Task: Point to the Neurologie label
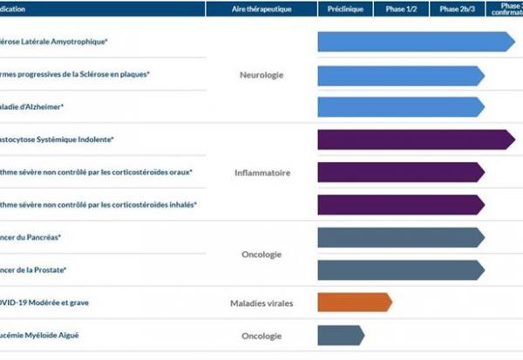click(261, 75)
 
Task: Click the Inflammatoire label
click(261, 173)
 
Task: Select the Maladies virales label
click(261, 303)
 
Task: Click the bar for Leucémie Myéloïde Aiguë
click(341, 335)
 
